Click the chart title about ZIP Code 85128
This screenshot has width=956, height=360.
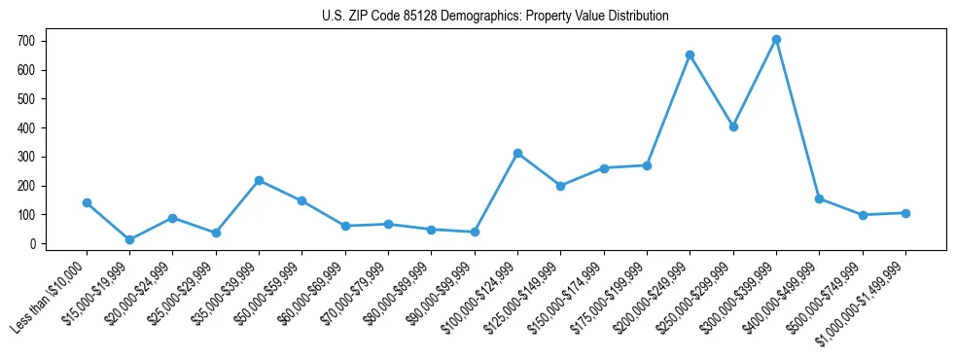click(495, 17)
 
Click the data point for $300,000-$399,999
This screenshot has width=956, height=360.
click(776, 40)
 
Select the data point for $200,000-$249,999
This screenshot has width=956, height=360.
click(690, 54)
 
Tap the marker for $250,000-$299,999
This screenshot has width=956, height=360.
click(733, 126)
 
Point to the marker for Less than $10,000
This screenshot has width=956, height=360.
click(87, 202)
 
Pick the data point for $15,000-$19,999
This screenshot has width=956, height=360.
click(129, 239)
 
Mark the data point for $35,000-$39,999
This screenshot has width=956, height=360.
click(259, 180)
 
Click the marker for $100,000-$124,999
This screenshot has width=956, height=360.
click(517, 153)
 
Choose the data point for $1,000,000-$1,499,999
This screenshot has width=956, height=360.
click(905, 213)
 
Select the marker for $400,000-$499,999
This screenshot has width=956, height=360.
click(819, 198)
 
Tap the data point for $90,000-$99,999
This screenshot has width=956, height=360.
click(475, 232)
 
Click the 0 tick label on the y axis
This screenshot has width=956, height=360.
click(32, 243)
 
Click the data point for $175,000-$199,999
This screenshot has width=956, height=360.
click(647, 165)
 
